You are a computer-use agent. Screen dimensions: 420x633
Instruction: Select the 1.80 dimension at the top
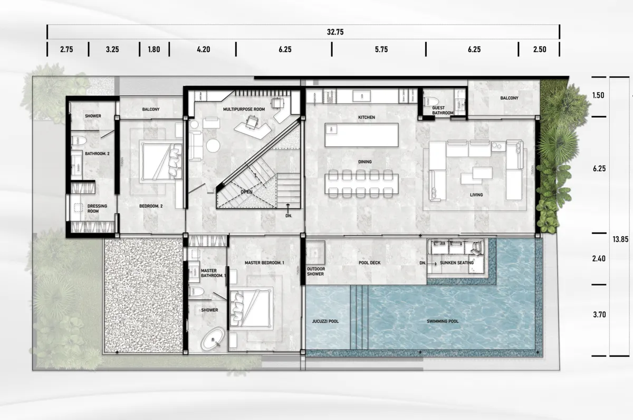[154, 50]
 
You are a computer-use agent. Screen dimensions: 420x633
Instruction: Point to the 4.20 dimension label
[203, 50]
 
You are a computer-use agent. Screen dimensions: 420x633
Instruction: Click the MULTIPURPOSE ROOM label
[244, 109]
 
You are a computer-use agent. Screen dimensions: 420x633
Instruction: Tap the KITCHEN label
[366, 117]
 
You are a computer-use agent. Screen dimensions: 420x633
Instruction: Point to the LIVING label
[476, 195]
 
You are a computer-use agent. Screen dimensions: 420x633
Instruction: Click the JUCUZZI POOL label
[326, 321]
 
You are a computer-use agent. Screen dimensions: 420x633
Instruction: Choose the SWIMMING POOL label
[443, 321]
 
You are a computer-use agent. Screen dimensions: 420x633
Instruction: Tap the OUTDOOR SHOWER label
[316, 270]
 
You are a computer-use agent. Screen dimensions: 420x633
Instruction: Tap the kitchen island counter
[362, 136]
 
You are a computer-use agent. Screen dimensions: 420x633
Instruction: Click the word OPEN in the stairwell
[246, 192]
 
